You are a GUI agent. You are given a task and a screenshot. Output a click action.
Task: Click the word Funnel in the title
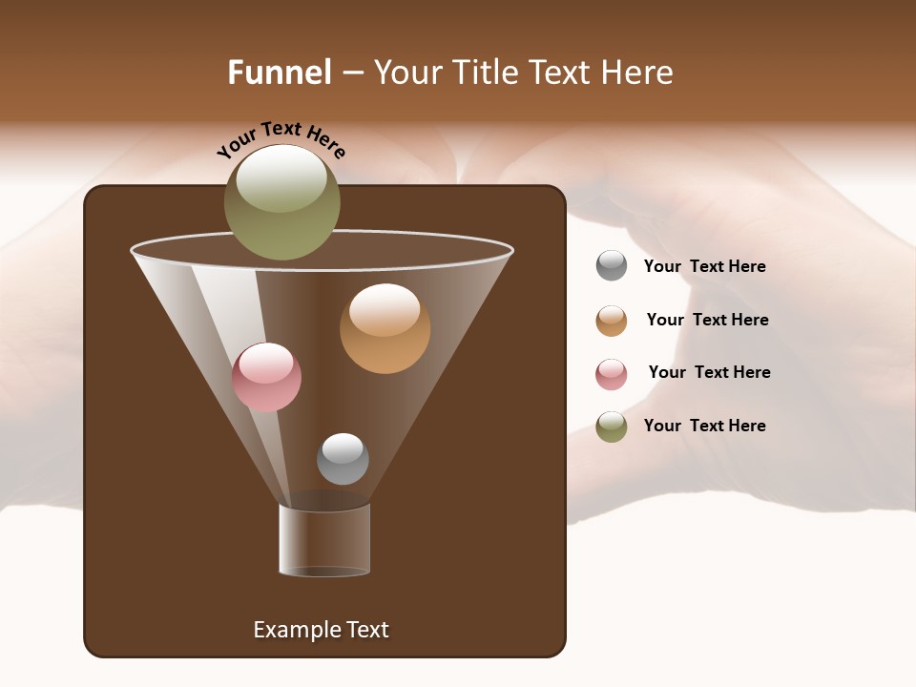279,73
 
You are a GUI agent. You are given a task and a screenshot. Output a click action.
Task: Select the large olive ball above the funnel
281,202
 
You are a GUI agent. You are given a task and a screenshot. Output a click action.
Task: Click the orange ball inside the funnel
385,328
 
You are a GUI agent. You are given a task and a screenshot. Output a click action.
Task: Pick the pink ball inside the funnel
266,378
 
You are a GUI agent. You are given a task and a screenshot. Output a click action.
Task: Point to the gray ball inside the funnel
343,459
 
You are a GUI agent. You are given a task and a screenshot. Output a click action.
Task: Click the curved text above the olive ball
281,139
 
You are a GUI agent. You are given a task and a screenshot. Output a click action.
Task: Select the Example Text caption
321,630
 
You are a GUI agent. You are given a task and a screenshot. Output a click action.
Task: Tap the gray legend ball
612,266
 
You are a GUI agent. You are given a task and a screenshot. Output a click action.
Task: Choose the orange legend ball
612,321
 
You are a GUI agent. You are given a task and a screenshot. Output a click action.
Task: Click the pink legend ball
612,374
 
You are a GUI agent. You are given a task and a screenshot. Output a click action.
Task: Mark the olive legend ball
612,427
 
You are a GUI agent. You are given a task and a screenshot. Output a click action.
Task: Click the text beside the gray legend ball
704,266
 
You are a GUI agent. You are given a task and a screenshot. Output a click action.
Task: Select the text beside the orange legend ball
707,320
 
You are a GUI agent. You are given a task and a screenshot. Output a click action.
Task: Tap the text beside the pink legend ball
709,372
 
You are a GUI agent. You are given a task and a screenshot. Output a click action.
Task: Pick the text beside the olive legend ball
704,426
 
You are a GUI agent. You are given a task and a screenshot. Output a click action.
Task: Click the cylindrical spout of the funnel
324,540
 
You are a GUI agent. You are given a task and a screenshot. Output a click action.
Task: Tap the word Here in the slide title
635,73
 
